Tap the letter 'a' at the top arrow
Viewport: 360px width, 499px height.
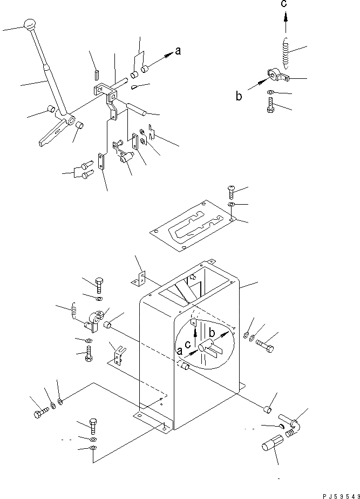pyautogui.click(x=178, y=52)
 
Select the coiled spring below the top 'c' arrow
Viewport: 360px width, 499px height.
pyautogui.click(x=286, y=52)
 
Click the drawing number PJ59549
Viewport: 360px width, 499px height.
pyautogui.click(x=339, y=495)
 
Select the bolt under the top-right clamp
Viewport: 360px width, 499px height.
pyautogui.click(x=271, y=104)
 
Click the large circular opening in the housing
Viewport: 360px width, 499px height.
pyautogui.click(x=205, y=348)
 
